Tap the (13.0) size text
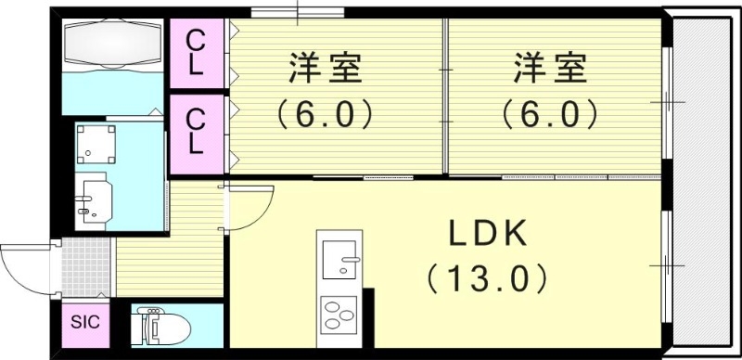[489, 277]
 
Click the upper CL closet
[197, 53]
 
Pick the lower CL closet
[197, 132]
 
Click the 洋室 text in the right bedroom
[551, 70]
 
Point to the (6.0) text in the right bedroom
[551, 114]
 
